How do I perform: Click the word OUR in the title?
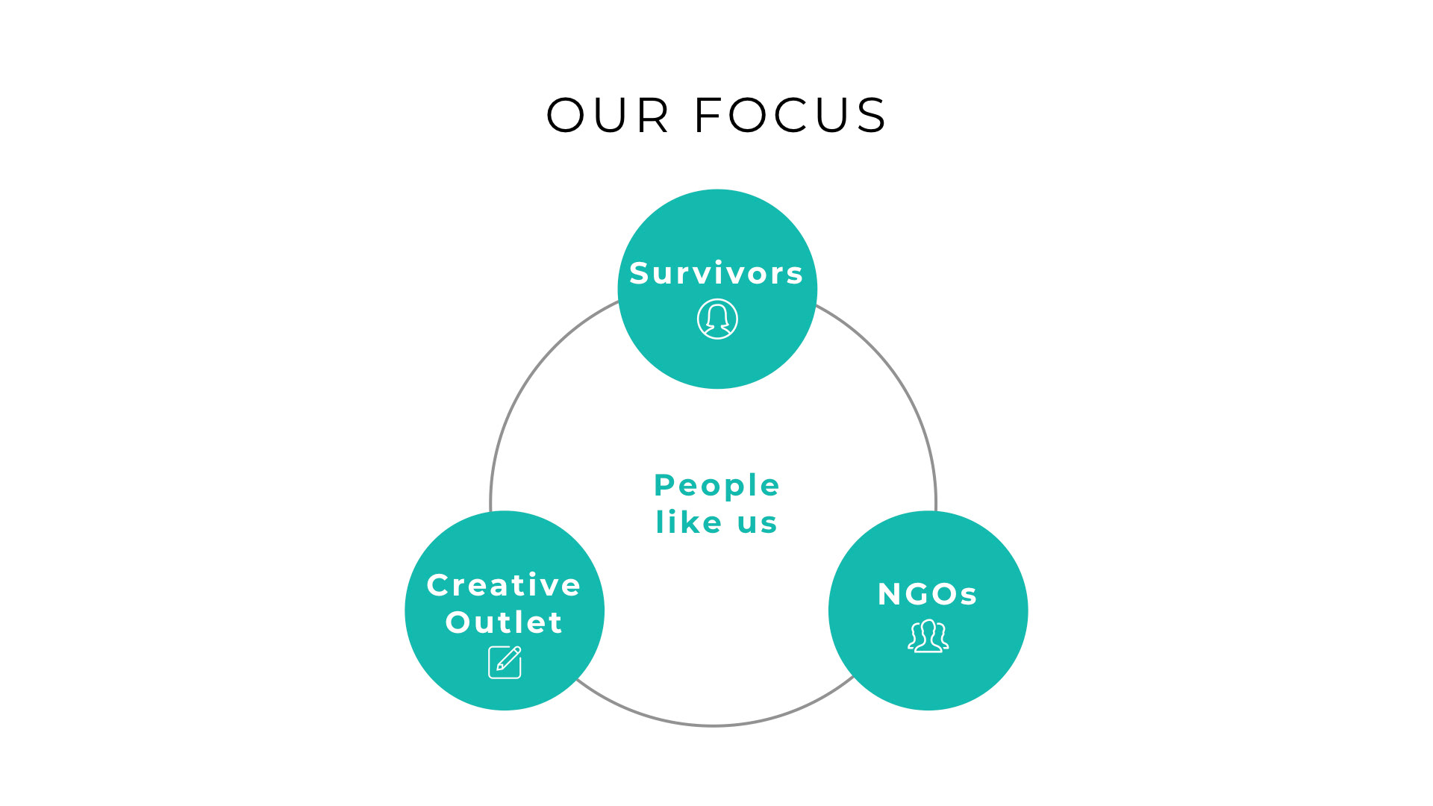[x=608, y=116]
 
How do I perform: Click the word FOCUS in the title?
[x=790, y=116]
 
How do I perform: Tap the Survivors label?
[x=716, y=273]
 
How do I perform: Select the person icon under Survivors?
[x=717, y=319]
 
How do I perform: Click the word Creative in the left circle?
[x=504, y=585]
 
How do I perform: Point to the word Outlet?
[x=504, y=622]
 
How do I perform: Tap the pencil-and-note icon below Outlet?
[x=505, y=662]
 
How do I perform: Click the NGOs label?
[x=928, y=594]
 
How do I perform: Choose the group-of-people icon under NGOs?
[x=928, y=636]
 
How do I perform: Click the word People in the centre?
[x=716, y=486]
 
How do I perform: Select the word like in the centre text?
[x=689, y=522]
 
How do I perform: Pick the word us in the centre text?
[x=757, y=524]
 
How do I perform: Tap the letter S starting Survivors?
[x=639, y=273]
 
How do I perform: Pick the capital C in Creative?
[x=439, y=585]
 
